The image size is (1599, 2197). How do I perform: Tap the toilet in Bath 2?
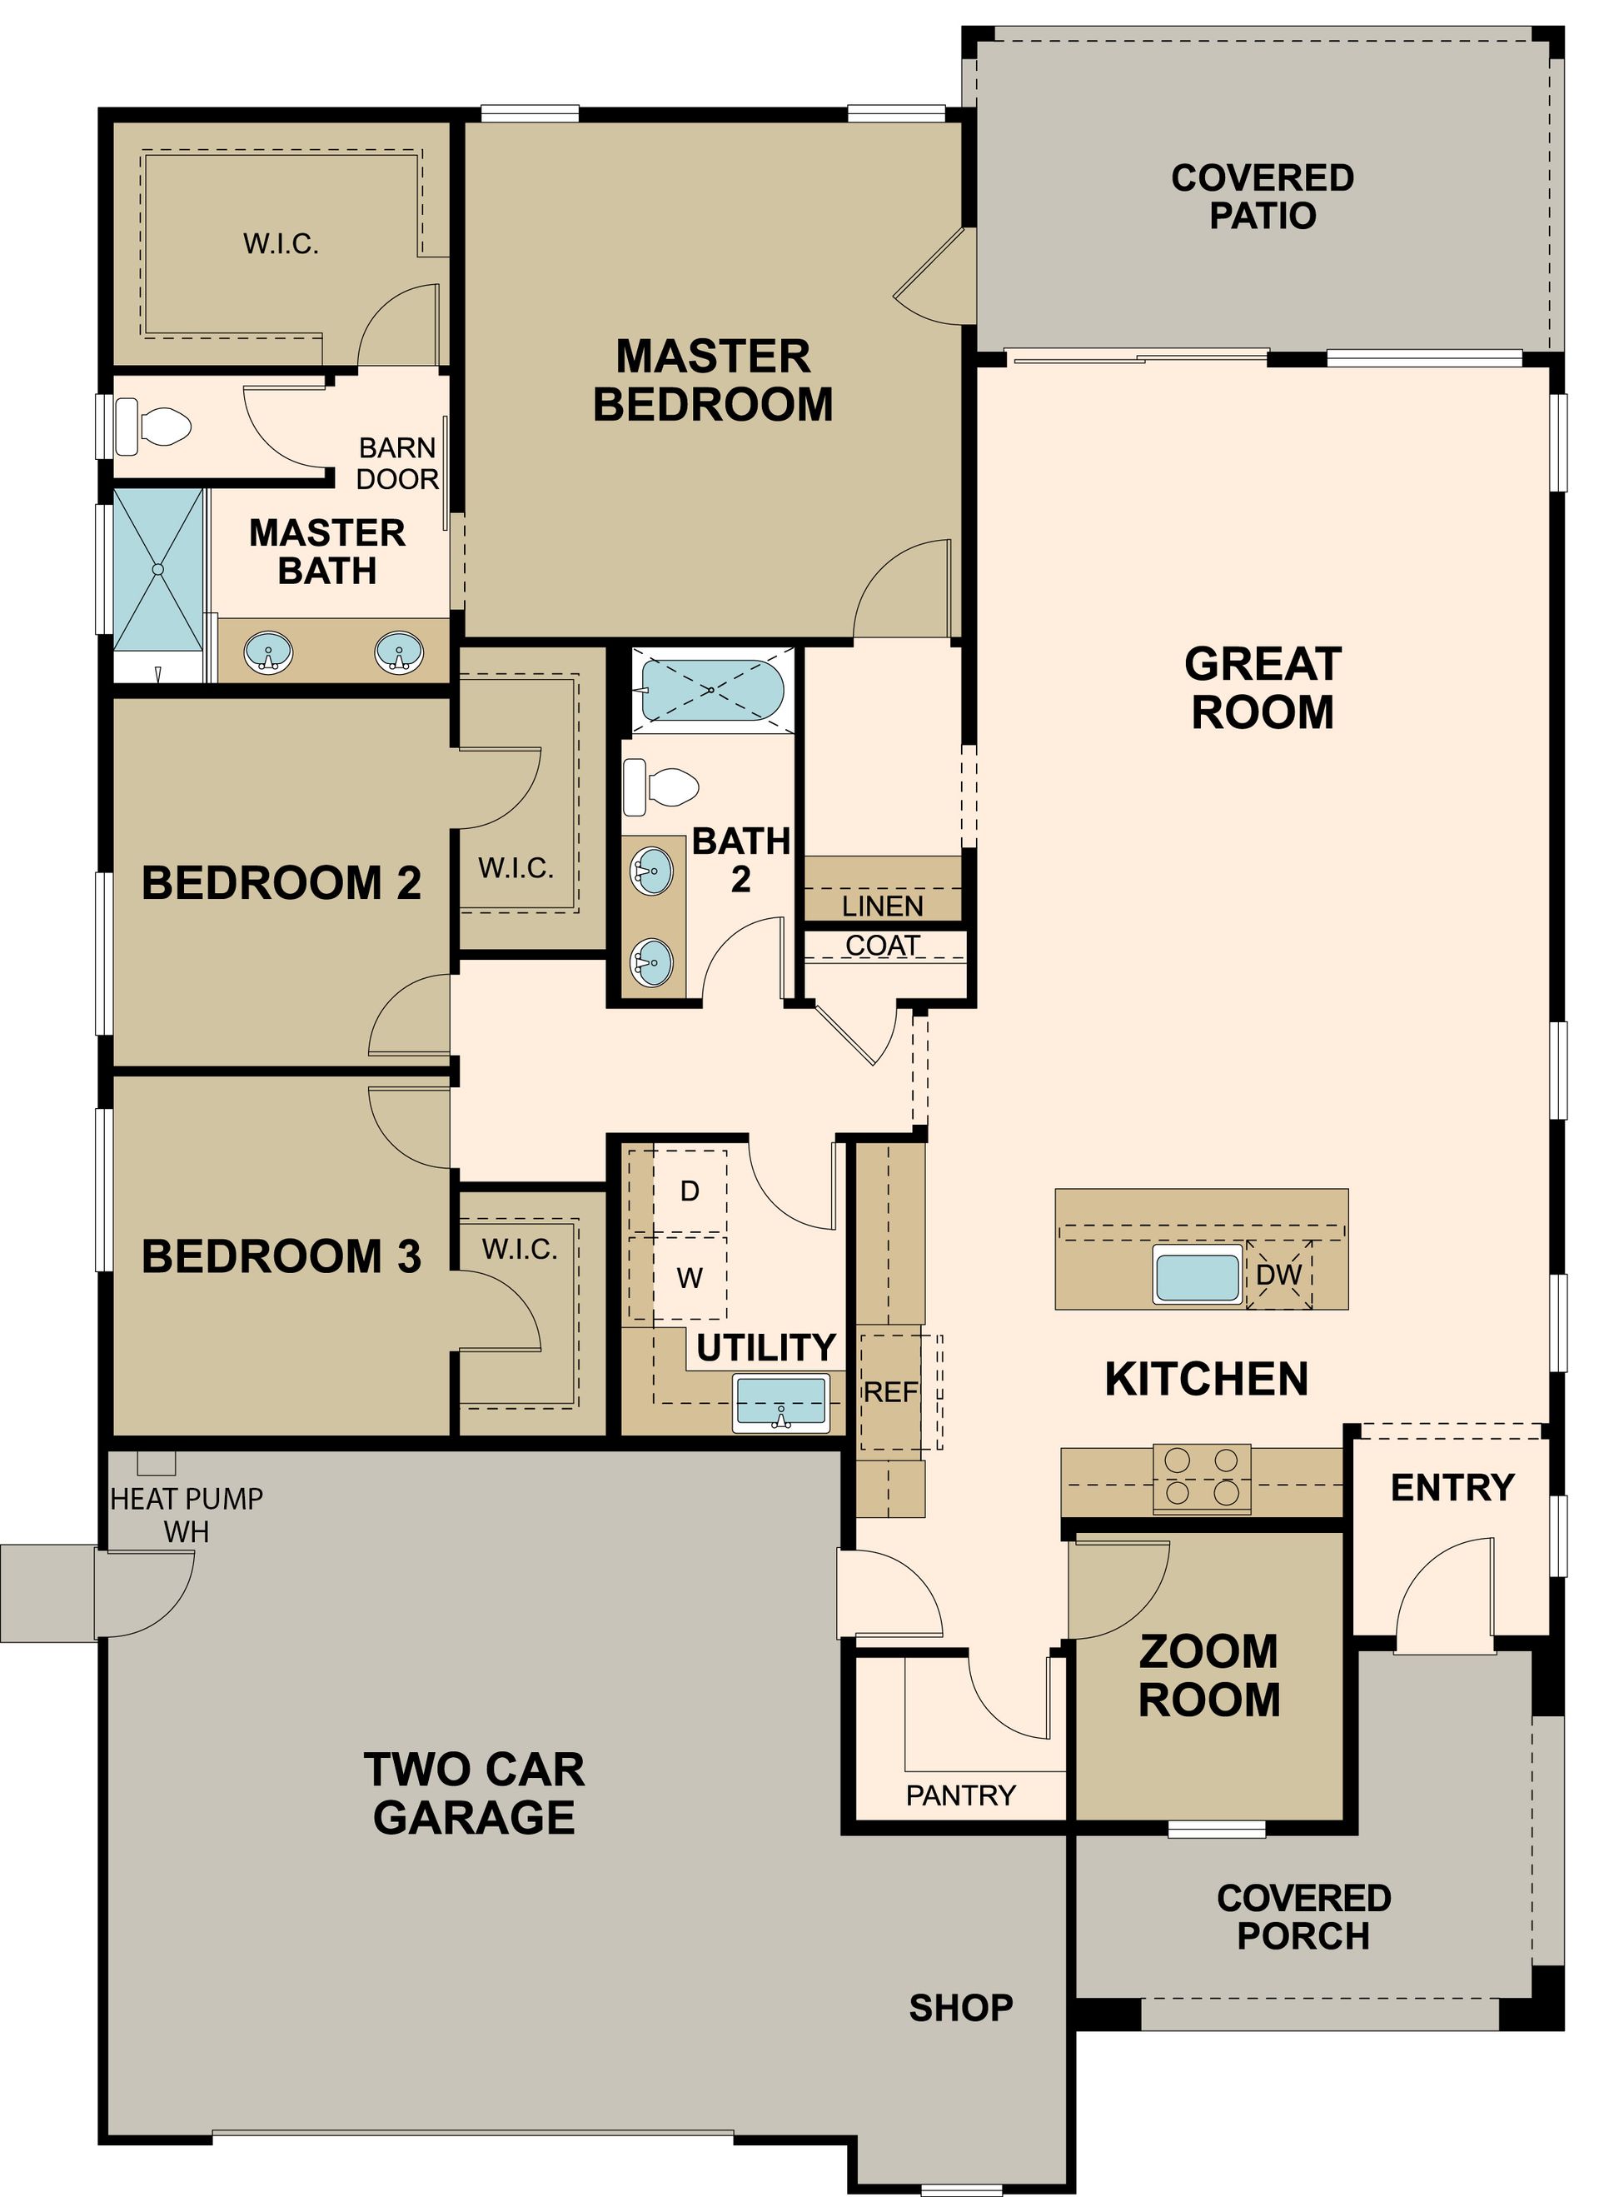(x=660, y=786)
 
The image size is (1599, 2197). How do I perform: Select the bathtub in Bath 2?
(x=712, y=690)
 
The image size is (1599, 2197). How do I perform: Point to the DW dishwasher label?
(x=1278, y=1275)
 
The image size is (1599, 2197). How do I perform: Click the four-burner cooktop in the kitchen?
(x=1201, y=1478)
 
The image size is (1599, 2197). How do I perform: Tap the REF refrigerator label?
(x=890, y=1393)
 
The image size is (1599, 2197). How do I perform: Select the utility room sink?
(x=781, y=1401)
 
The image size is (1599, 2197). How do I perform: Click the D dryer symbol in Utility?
(x=690, y=1191)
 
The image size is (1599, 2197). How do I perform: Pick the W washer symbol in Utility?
(x=690, y=1279)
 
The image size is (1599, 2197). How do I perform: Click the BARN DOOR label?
(x=397, y=464)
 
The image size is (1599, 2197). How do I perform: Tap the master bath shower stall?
(x=159, y=571)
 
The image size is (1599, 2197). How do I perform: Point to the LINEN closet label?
(x=882, y=906)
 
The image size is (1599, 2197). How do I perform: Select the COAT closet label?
(x=882, y=946)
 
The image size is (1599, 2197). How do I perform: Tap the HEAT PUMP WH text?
(x=186, y=1515)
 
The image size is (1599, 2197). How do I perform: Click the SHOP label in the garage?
(x=961, y=2008)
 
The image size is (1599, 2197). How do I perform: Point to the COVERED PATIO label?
(x=1262, y=197)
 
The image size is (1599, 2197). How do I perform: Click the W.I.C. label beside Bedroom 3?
(x=520, y=1250)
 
